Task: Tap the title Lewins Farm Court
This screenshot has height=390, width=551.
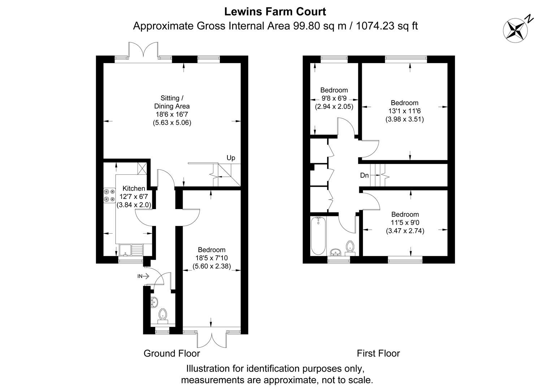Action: (275, 12)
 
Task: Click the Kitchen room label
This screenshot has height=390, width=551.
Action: (134, 188)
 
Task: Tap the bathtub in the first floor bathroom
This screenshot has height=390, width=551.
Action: (318, 236)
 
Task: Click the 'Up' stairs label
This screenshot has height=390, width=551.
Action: (231, 158)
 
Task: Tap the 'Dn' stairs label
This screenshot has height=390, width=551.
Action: (364, 175)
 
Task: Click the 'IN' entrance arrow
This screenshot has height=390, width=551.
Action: (143, 276)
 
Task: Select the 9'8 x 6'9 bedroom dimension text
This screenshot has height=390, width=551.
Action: (334, 99)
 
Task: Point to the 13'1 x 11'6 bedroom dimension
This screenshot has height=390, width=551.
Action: (404, 111)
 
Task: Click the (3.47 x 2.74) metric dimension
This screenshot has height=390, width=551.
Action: (405, 231)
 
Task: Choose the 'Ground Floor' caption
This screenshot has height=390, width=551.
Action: (172, 353)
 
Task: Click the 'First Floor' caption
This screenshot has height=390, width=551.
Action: (378, 353)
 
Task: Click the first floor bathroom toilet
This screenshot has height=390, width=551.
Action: (350, 247)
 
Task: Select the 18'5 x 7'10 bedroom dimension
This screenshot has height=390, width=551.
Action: (211, 258)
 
